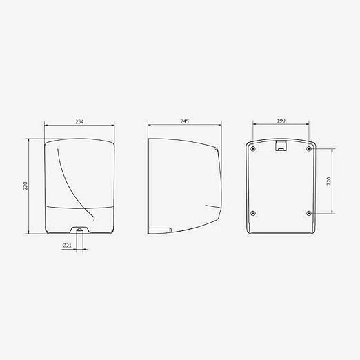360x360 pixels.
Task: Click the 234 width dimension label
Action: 79,121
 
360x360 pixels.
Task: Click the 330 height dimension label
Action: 26,186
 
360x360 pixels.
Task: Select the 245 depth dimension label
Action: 184,121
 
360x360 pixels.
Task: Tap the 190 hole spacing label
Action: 281,121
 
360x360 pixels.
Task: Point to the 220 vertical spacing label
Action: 329,181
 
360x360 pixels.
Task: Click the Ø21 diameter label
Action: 67,246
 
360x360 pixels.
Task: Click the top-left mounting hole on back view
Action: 253,149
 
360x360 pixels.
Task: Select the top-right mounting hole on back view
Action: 309,149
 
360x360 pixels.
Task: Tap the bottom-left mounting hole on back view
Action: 253,214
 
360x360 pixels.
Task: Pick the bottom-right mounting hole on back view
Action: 309,214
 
